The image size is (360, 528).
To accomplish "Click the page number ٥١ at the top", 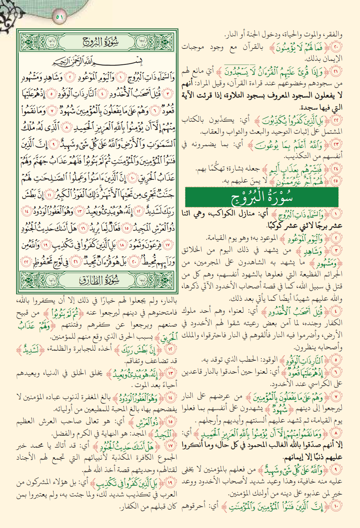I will (59, 17).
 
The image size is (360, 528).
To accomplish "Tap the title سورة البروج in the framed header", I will (100, 42).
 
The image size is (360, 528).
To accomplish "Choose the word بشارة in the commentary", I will (228, 169).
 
